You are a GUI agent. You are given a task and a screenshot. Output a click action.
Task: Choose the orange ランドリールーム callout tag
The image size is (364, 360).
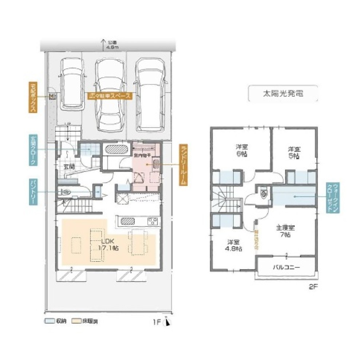pos(183,165)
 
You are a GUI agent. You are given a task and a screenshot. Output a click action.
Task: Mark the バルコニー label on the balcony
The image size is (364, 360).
pos(286,267)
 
